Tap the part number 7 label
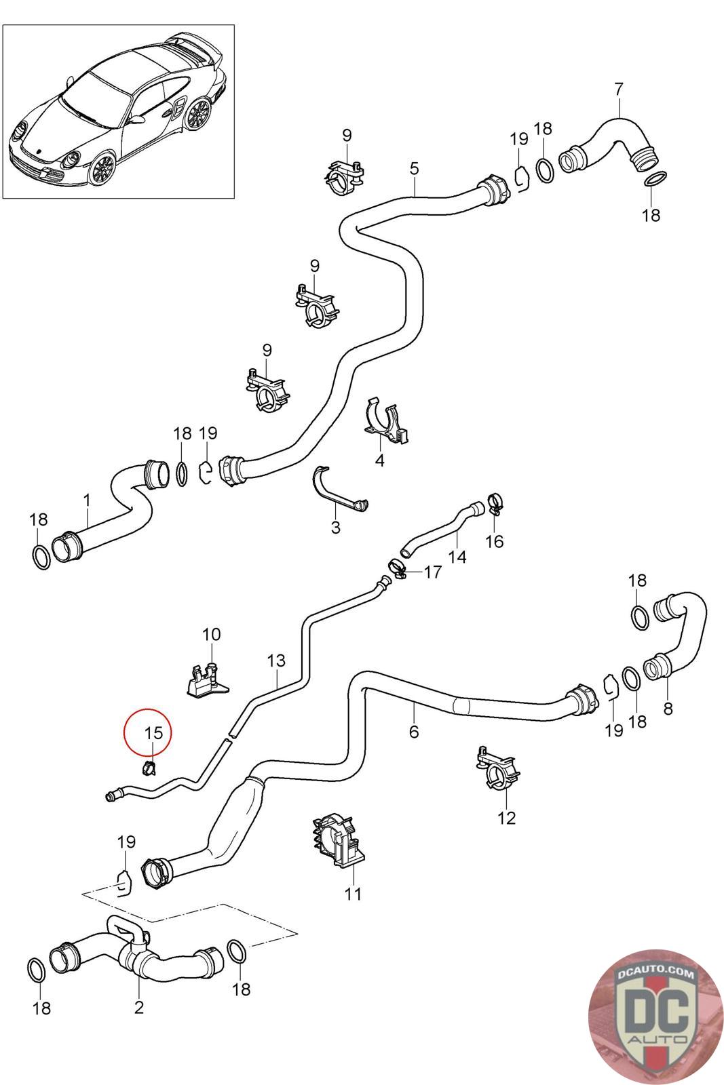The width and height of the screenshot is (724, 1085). click(x=618, y=90)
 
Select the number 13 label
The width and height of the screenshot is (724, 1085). click(x=276, y=660)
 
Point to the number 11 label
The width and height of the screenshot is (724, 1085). click(x=353, y=894)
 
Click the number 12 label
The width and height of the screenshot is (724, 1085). click(x=506, y=818)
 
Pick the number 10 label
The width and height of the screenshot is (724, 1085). click(x=211, y=634)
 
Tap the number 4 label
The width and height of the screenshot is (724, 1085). click(x=380, y=460)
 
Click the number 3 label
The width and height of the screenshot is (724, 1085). click(x=336, y=528)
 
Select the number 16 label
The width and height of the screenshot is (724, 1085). click(x=494, y=542)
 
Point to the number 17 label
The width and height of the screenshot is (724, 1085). click(x=432, y=572)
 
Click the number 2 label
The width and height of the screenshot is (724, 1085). click(x=139, y=1008)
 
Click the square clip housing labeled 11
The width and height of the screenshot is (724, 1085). click(x=339, y=841)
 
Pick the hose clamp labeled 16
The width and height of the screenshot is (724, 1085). click(x=494, y=502)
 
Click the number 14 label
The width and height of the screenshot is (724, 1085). click(x=457, y=557)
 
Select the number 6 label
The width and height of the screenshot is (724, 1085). click(x=413, y=732)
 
